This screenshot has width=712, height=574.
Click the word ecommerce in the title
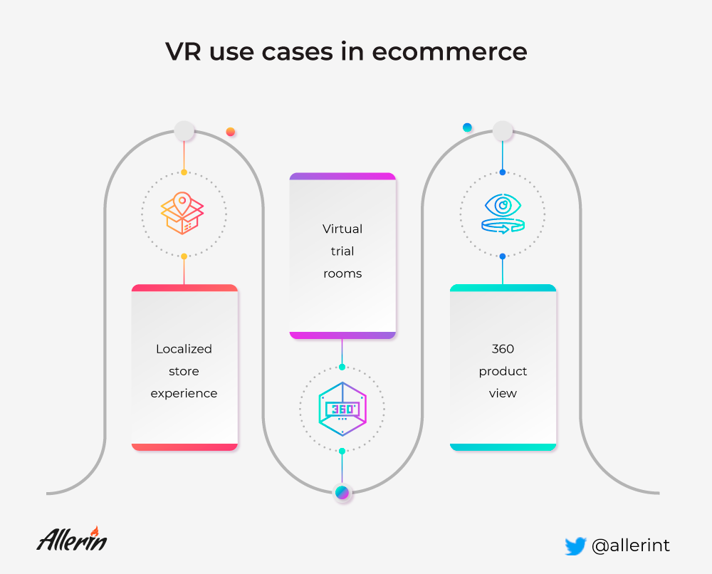coord(449,51)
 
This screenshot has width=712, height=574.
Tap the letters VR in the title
coord(183,51)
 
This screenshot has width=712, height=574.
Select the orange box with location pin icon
coord(182,213)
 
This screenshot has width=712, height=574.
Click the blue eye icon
coord(503,214)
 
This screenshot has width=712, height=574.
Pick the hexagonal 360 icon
coord(342,409)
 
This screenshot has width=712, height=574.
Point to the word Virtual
coord(342,229)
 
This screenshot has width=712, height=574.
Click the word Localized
coord(184,349)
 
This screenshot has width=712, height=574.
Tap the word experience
coord(184,394)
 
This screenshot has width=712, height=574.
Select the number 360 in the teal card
coord(503,349)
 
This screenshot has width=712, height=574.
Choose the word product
coord(503,372)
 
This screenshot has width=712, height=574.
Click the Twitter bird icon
coord(575,546)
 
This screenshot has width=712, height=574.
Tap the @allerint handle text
coord(631,546)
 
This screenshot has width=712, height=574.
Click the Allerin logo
coord(72,539)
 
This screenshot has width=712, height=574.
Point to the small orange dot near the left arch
coord(231,132)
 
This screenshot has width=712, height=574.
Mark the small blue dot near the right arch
coord(467,127)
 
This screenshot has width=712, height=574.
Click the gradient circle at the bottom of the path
coord(342,492)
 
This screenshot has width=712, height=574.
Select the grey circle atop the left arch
coord(184,131)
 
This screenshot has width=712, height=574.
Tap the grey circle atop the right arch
coord(503,131)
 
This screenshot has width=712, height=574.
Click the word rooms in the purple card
coord(342,274)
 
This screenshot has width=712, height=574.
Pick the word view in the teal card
coord(503,394)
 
